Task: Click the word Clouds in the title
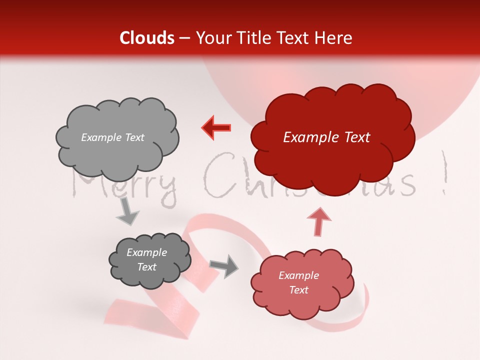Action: click(147, 38)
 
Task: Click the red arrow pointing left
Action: click(216, 128)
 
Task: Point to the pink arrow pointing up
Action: click(318, 222)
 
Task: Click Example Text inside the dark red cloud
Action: click(326, 137)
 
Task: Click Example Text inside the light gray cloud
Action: click(112, 137)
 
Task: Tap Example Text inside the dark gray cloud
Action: click(146, 260)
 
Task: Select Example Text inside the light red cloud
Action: click(298, 282)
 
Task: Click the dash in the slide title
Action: click(184, 38)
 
